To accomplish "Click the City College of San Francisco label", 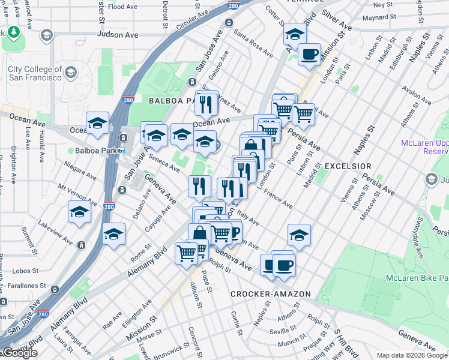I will coord(34,73).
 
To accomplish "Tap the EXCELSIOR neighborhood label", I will coord(348,166).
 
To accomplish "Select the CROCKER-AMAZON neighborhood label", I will coord(271,294).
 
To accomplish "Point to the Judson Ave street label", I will coord(118,35).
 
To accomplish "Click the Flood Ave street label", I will coord(123,7).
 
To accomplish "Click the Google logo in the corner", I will coord(20,353).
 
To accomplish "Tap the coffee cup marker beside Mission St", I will coord(309,55).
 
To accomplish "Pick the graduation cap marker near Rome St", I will coord(113,235).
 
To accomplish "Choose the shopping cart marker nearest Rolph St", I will coord(187,253).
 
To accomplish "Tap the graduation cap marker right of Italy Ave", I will coord(298,235).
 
